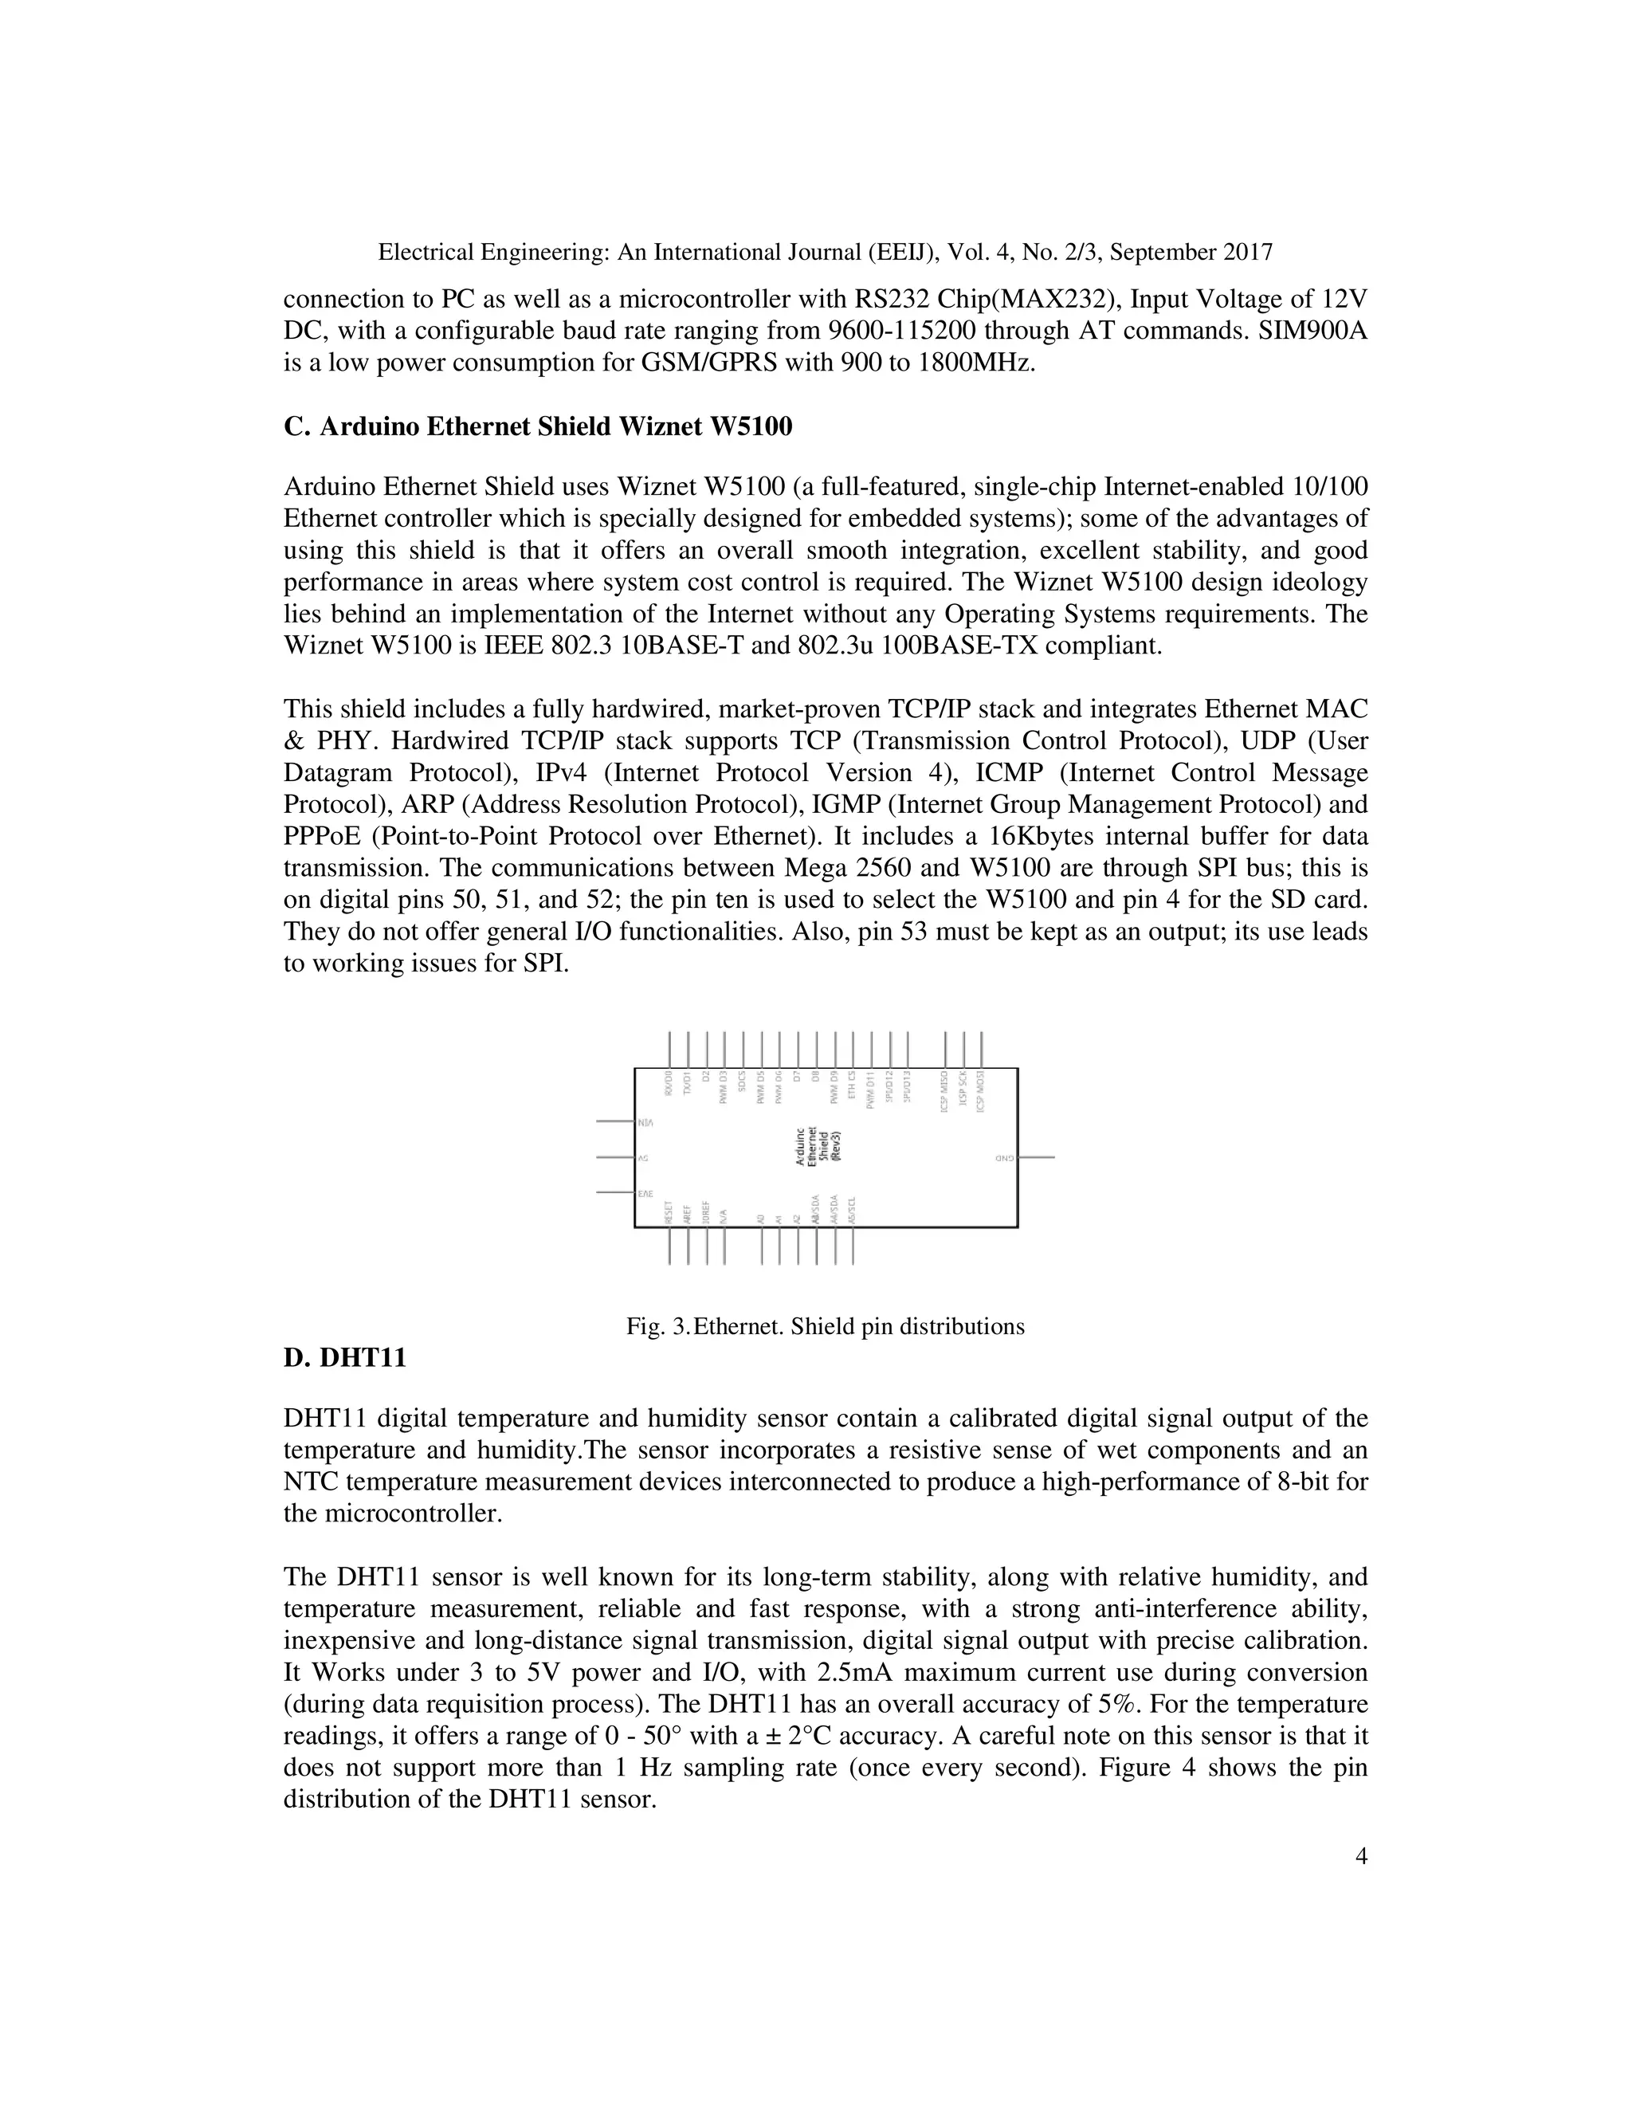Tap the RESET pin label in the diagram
668,1213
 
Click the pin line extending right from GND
1037,1156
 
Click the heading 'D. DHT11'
344,1358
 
